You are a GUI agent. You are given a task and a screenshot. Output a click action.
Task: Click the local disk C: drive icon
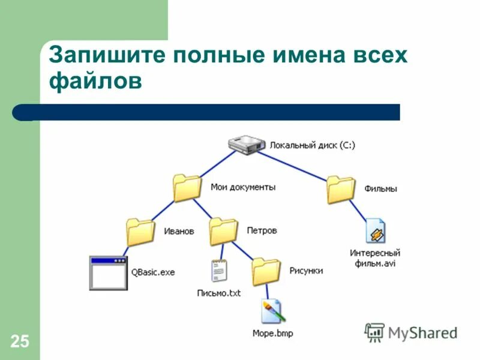(x=247, y=145)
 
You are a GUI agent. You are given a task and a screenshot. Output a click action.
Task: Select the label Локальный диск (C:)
(x=312, y=145)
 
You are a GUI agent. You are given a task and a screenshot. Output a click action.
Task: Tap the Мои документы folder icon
(x=187, y=188)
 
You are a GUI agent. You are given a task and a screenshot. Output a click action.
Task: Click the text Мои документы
(x=243, y=187)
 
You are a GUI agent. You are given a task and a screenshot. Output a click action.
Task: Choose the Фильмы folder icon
(x=341, y=190)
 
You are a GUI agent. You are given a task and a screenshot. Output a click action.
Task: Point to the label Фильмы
(x=380, y=189)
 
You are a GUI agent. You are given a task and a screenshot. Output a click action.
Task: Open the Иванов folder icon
(x=141, y=232)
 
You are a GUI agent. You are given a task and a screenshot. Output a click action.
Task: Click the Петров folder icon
(x=223, y=231)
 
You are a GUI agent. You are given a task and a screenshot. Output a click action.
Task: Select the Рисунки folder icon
(x=266, y=272)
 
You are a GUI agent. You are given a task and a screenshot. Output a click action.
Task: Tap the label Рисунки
(x=306, y=271)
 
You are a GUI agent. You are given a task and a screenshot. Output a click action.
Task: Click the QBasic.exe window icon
(x=109, y=272)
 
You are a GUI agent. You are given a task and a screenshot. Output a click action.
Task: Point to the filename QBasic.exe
(x=153, y=272)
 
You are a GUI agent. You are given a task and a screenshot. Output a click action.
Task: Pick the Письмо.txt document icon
(x=218, y=271)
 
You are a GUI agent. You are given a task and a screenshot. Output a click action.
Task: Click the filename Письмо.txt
(x=218, y=293)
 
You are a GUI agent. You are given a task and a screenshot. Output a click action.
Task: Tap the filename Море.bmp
(x=272, y=333)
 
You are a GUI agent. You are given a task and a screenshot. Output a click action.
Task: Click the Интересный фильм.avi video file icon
(x=376, y=231)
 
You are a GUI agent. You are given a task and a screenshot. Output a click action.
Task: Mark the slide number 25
(x=19, y=342)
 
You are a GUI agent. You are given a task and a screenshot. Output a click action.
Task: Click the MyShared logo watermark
(x=412, y=332)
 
